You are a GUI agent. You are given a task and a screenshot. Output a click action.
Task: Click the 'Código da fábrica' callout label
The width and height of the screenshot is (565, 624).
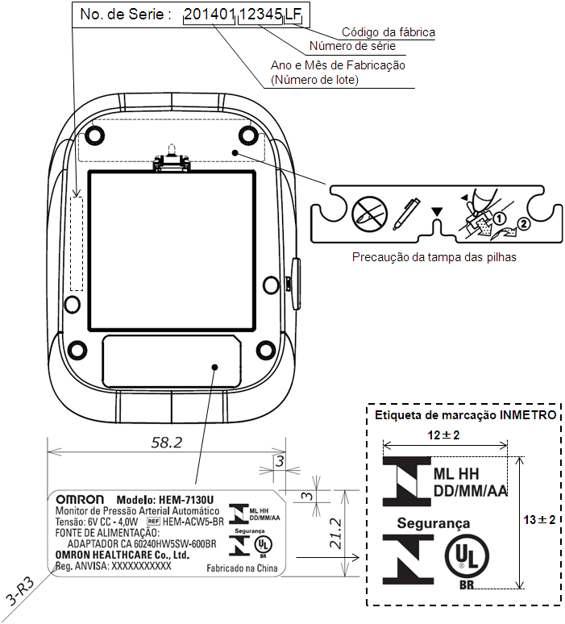tap(388, 32)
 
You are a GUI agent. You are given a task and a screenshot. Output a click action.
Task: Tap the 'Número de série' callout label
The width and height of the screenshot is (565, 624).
tap(352, 46)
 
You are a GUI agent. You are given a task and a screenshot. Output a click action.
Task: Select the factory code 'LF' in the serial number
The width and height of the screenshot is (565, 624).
tap(293, 15)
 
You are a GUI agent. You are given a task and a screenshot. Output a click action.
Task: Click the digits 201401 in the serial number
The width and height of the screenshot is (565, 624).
tap(210, 15)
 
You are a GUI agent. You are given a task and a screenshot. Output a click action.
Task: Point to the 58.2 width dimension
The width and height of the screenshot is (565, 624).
tap(167, 443)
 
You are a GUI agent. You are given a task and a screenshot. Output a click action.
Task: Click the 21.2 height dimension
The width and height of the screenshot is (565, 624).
tap(336, 534)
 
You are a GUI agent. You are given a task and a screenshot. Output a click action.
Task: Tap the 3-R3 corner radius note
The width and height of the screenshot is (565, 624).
tap(20, 592)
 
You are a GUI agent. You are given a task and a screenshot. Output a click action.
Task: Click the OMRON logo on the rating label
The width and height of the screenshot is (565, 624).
tap(80, 499)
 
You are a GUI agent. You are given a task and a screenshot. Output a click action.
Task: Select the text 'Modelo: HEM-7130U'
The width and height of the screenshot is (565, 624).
tap(164, 500)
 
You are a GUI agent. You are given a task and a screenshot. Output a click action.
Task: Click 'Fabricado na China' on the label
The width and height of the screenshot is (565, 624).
tap(242, 568)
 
